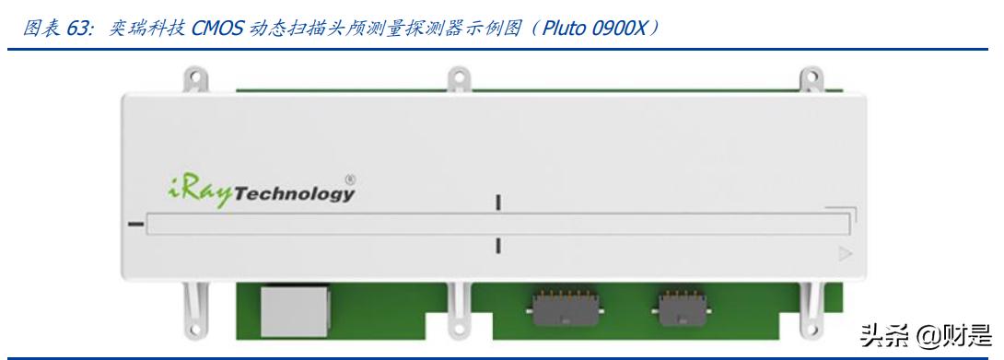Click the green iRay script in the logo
click(x=196, y=192)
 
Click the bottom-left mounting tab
click(x=192, y=310)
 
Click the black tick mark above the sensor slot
click(x=498, y=203)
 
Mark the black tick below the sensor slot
click(x=498, y=246)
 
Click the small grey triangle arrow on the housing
click(x=846, y=255)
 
